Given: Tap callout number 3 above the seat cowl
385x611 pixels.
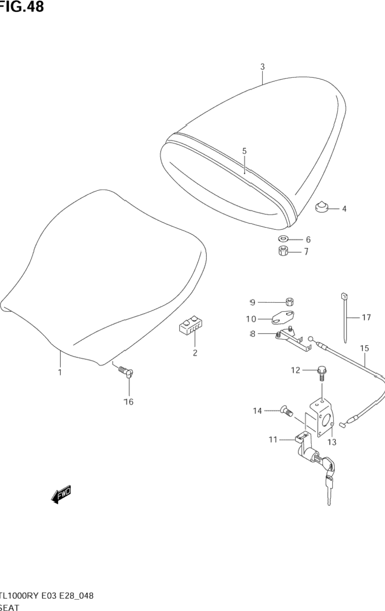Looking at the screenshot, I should [x=262, y=67].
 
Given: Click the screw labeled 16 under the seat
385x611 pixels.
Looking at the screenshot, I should [x=127, y=373].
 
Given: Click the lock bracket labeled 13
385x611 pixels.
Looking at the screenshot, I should [x=321, y=417].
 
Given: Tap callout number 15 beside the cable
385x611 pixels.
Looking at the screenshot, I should [x=365, y=348].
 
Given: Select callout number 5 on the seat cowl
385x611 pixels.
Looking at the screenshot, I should [x=244, y=151].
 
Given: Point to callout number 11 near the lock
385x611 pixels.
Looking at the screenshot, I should [x=273, y=440].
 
